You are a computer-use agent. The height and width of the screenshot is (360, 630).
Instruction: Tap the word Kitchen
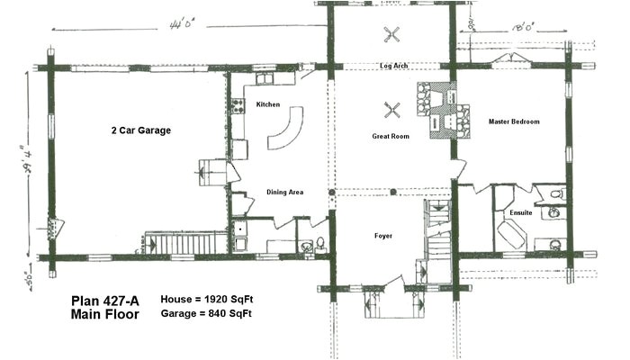[268, 104]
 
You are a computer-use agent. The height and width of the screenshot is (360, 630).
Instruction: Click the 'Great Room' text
[391, 136]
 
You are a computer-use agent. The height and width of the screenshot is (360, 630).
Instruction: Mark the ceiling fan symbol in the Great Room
[392, 111]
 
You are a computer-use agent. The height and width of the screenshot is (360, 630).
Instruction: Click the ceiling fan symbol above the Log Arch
[391, 37]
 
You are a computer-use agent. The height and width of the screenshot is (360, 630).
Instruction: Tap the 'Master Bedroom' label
[514, 121]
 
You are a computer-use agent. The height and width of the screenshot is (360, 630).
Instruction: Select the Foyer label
[384, 236]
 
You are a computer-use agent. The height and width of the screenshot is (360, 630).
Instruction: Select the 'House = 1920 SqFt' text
[205, 298]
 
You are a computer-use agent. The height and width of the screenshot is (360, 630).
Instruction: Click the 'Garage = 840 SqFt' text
[205, 313]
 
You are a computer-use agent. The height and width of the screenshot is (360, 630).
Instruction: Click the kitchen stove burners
[239, 105]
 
